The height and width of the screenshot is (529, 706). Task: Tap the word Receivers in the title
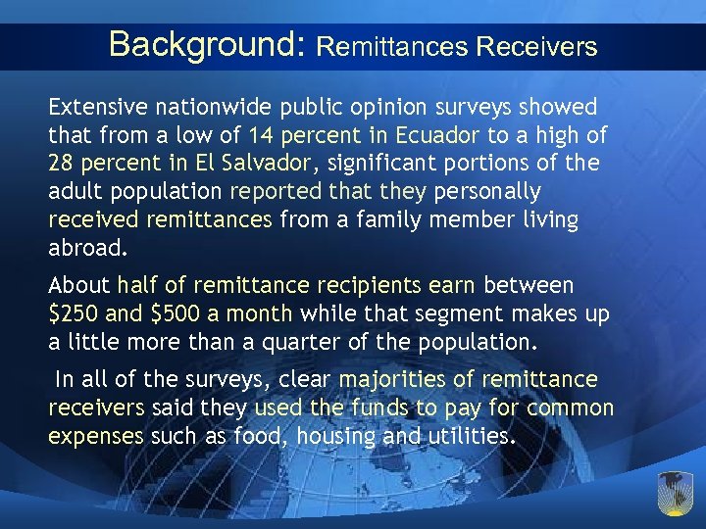tap(534, 46)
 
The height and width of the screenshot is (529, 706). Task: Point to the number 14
tap(264, 134)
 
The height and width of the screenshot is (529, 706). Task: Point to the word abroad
tap(87, 248)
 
